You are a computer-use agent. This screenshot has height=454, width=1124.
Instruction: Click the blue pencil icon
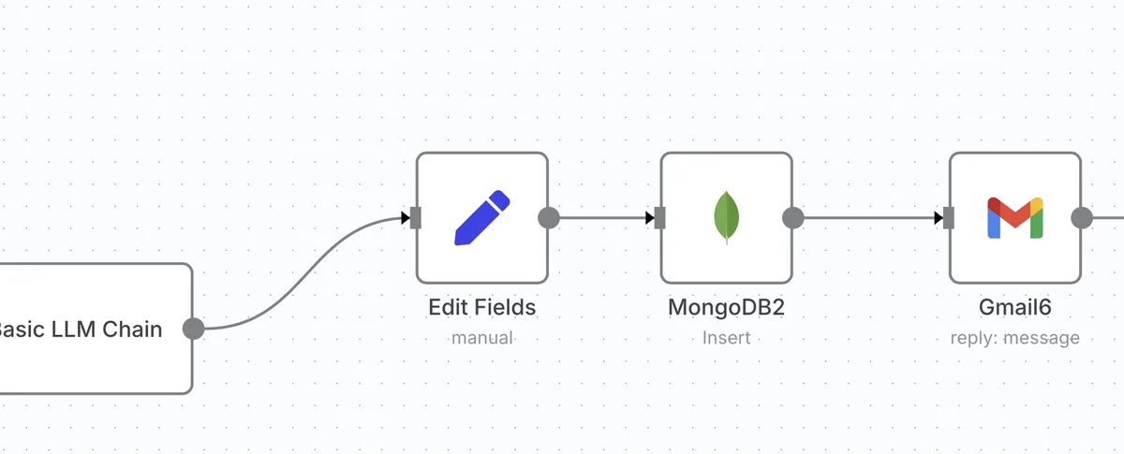481,218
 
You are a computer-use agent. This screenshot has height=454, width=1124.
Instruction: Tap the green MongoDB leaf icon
726,217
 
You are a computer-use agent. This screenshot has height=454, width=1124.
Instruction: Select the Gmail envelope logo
1014,218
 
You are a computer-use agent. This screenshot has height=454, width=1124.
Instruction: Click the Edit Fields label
481,307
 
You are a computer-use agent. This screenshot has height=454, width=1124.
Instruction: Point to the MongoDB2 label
726,307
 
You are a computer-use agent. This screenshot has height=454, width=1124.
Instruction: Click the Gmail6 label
1014,307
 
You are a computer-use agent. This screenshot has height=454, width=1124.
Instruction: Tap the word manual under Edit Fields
481,337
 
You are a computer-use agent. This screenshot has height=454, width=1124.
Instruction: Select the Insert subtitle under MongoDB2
726,337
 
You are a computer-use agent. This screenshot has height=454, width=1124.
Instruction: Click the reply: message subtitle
1014,337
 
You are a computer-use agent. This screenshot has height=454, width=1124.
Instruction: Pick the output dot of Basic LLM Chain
193,329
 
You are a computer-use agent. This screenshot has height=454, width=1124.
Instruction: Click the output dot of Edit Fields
549,218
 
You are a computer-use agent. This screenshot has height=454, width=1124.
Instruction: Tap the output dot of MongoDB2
792,218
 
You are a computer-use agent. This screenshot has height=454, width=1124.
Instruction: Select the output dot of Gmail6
1082,218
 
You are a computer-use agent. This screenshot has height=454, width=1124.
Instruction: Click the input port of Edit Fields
416,218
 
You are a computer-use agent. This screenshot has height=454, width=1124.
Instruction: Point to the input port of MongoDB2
659,218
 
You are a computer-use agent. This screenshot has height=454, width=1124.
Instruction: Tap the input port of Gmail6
949,218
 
